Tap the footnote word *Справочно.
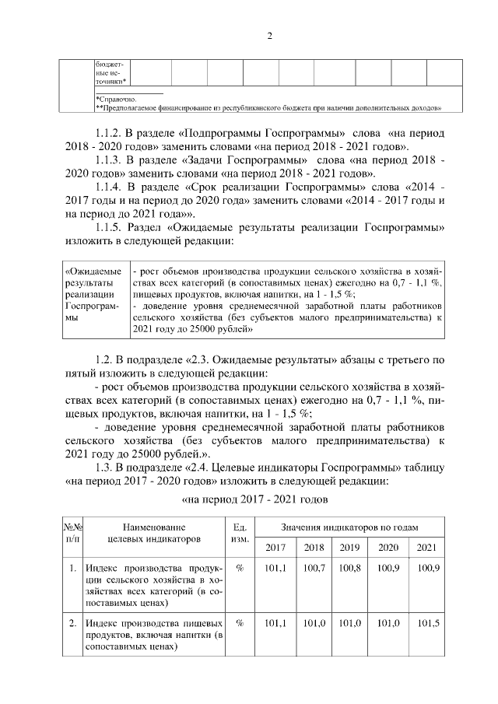(116, 100)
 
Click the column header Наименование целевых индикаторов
(153, 532)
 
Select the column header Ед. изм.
(240, 532)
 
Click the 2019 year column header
(349, 547)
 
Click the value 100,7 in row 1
(314, 569)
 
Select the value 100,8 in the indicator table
(349, 569)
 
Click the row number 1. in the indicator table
(72, 569)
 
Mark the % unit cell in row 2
(240, 623)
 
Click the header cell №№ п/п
(72, 532)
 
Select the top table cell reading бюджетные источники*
(111, 72)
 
